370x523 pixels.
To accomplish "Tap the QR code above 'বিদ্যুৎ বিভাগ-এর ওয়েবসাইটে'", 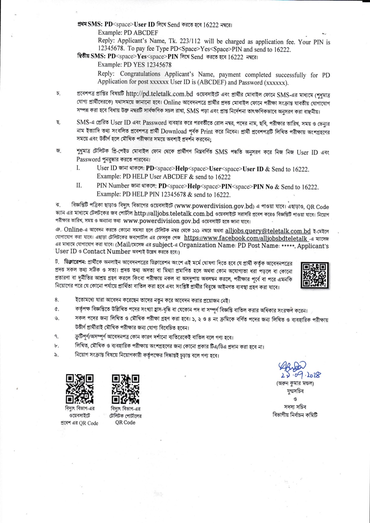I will [x=79, y=389].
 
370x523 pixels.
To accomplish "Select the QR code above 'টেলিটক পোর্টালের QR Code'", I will [x=125, y=389].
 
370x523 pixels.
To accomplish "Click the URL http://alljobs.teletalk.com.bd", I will [x=174, y=214].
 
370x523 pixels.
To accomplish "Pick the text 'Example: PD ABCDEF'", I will [x=128, y=33].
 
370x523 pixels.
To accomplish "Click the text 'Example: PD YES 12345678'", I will [x=135, y=65].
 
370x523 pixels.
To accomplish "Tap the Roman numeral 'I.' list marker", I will [x=78, y=168].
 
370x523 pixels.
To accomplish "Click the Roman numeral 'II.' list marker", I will [x=79, y=186].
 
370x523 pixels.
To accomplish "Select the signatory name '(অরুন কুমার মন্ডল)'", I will [x=295, y=383].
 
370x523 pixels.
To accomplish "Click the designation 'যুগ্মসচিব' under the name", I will [x=295, y=391].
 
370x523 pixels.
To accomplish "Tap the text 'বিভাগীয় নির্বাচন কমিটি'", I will [x=295, y=415].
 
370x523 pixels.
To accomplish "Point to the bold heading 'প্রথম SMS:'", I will [x=90, y=24].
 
